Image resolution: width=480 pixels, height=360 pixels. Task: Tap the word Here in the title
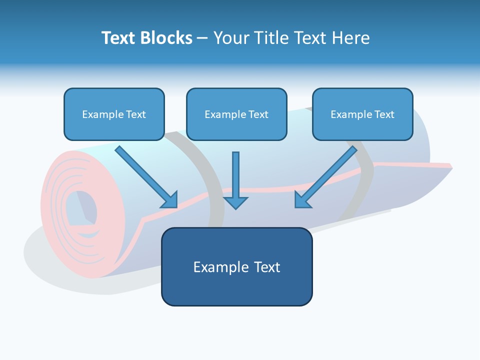pyautogui.click(x=351, y=38)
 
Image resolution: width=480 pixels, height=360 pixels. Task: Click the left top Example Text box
pyautogui.click(x=114, y=114)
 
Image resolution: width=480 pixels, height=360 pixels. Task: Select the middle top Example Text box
pyautogui.click(x=236, y=114)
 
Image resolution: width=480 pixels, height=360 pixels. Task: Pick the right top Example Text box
pyautogui.click(x=363, y=114)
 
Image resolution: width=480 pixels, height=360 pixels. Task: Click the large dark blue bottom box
pyautogui.click(x=237, y=266)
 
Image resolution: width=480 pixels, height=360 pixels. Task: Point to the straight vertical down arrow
pyautogui.click(x=235, y=180)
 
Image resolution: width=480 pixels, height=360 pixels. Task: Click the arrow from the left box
pyautogui.click(x=146, y=177)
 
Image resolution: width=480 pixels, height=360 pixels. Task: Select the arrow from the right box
pyautogui.click(x=326, y=177)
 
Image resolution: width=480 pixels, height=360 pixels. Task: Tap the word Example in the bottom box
pyautogui.click(x=217, y=267)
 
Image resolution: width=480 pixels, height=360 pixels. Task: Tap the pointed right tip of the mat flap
pyautogui.click(x=452, y=167)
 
